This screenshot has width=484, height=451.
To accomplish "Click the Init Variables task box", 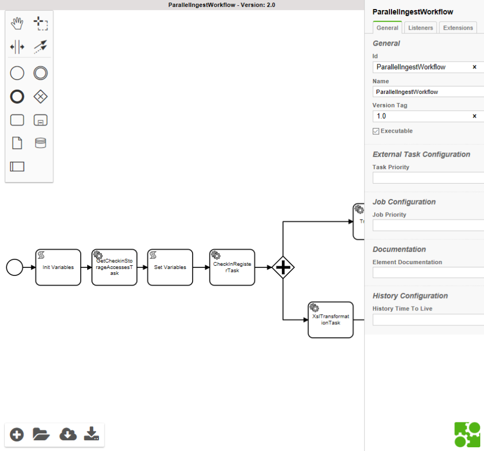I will click(x=58, y=267).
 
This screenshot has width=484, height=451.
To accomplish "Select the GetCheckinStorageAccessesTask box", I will click(x=115, y=267).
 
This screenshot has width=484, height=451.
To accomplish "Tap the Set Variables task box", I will click(x=170, y=267).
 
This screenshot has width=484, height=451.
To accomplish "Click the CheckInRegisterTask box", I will click(x=232, y=267).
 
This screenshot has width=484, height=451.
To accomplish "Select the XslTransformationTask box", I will click(x=331, y=320).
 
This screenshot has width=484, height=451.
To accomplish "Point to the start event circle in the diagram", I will click(x=15, y=267).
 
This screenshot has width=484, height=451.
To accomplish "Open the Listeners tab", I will click(x=421, y=28).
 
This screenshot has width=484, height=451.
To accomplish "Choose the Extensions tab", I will click(x=458, y=28).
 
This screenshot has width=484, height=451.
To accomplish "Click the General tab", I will click(x=387, y=28).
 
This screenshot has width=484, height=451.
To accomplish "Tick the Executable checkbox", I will click(x=376, y=131).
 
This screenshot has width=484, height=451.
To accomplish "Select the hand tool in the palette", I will click(x=17, y=23).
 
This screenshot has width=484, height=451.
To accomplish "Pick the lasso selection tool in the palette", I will click(x=41, y=23).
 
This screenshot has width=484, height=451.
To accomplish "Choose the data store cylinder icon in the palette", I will click(x=40, y=143).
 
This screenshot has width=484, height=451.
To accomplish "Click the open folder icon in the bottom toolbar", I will click(x=41, y=434).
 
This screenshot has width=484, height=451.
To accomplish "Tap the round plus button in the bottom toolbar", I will click(x=17, y=434).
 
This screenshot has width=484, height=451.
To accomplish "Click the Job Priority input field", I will click(x=428, y=225).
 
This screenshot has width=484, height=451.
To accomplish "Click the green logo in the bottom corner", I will click(x=467, y=434).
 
